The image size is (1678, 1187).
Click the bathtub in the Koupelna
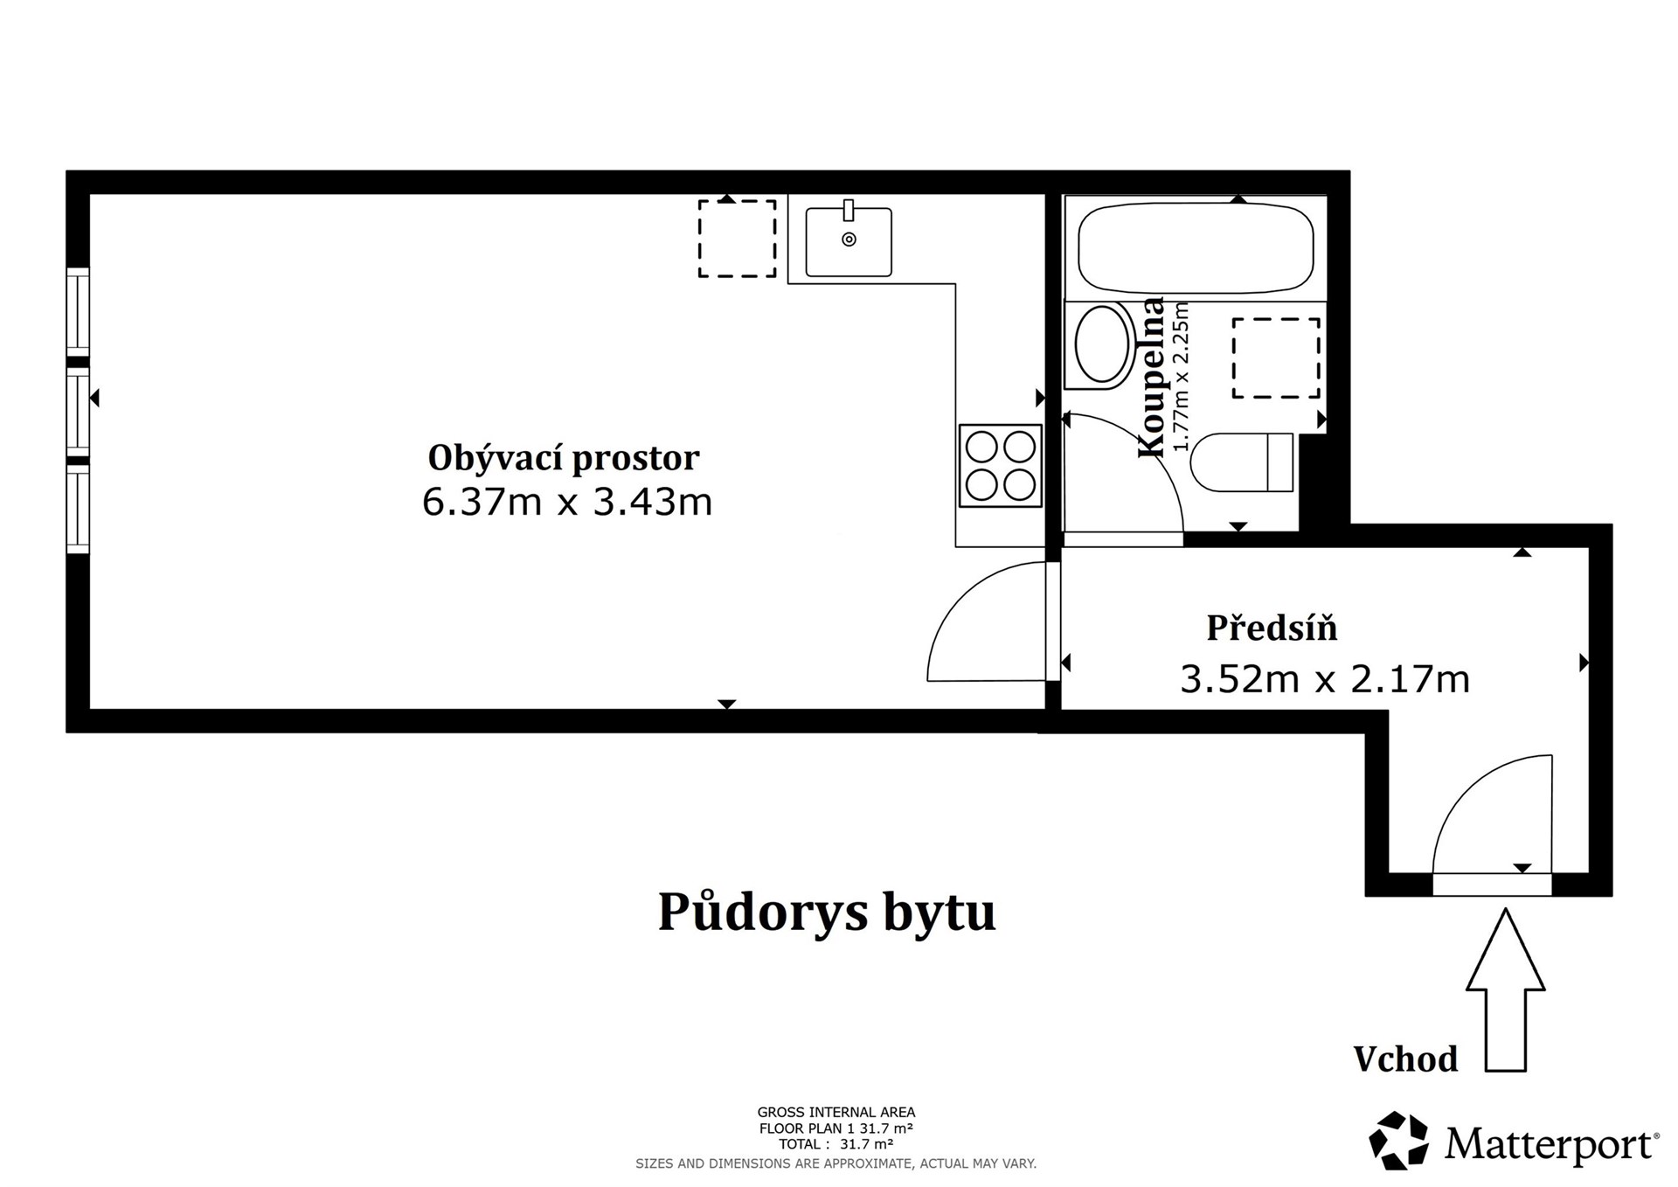pyautogui.click(x=1195, y=249)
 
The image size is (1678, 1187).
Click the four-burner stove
pyautogui.click(x=1000, y=466)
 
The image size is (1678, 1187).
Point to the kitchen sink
pyautogui.click(x=848, y=242)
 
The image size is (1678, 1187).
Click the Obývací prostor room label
pyautogui.click(x=564, y=458)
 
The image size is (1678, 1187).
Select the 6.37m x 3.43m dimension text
pyautogui.click(x=567, y=503)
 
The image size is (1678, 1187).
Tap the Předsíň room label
pyautogui.click(x=1272, y=628)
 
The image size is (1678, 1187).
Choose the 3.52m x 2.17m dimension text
pyautogui.click(x=1325, y=679)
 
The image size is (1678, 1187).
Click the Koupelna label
pyautogui.click(x=1152, y=378)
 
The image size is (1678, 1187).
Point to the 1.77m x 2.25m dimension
pyautogui.click(x=1181, y=378)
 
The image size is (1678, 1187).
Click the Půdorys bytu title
pyautogui.click(x=826, y=912)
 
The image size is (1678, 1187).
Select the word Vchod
pyautogui.click(x=1405, y=1059)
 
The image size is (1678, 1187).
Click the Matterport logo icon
pyautogui.click(x=1398, y=1140)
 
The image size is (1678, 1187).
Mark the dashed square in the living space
pyautogui.click(x=737, y=239)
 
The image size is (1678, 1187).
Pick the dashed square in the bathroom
pyautogui.click(x=1276, y=358)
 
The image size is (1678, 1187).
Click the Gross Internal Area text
pyautogui.click(x=836, y=1113)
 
